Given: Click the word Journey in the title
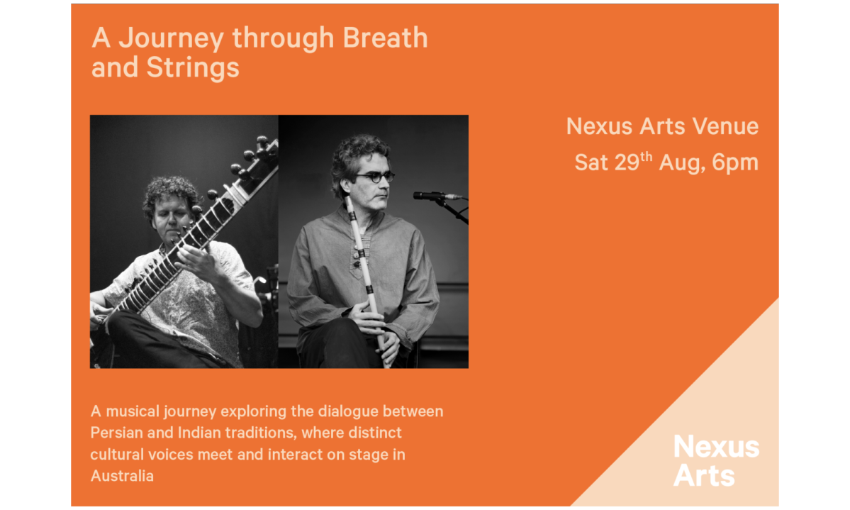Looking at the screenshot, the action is point(171,39).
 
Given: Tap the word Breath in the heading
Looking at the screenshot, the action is point(386,38).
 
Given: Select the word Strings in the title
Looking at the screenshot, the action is point(192,69).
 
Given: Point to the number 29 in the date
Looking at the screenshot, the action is point(627,162).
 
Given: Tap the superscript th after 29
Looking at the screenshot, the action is point(646,157).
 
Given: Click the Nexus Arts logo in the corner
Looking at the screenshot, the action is point(716,460).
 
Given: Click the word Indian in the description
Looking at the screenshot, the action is point(199,433).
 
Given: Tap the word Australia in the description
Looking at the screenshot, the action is point(122,477).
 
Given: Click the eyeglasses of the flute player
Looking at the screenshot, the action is point(375,177).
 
